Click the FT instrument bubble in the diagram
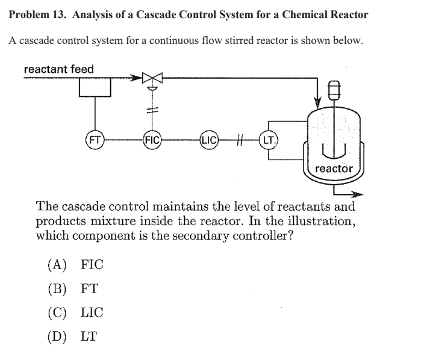(95, 142)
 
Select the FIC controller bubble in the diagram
(151, 142)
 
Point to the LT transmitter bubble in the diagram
(269, 141)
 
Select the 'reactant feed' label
(58, 69)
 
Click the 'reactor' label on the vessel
(334, 169)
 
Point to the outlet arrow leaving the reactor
(356, 194)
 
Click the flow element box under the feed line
(95, 88)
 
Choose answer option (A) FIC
(75, 264)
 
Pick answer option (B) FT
(72, 288)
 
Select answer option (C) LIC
(75, 312)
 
